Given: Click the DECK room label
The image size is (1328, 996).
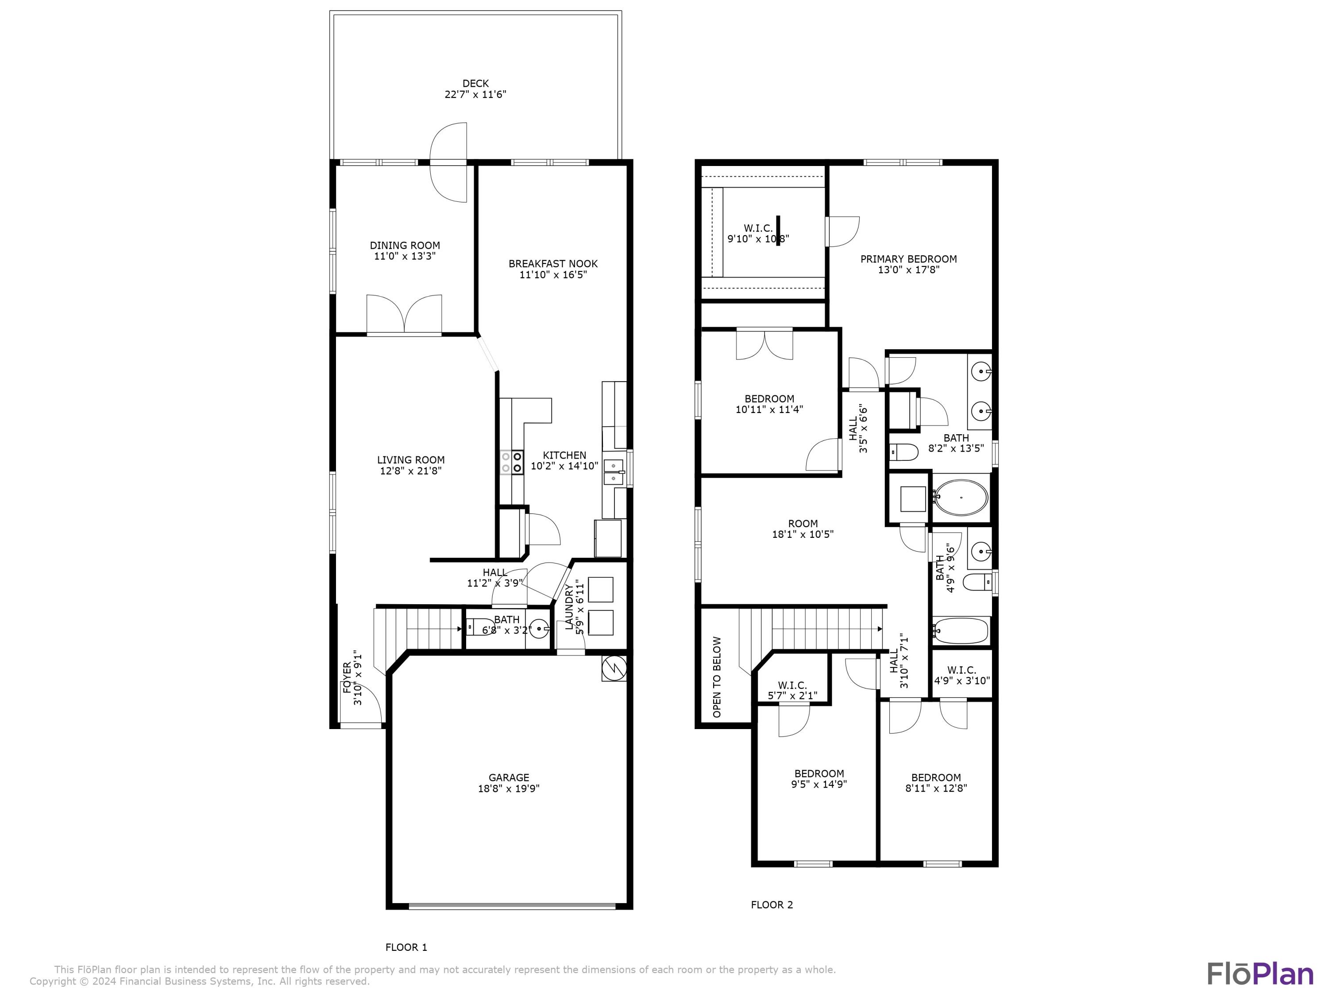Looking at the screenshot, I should (x=475, y=84).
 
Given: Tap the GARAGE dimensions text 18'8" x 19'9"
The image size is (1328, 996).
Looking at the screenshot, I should (x=509, y=788).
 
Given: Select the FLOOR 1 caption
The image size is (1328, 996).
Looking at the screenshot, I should (x=406, y=947).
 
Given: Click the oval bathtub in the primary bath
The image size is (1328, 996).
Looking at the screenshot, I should (x=961, y=498).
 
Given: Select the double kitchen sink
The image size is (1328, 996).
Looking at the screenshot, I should (x=614, y=471).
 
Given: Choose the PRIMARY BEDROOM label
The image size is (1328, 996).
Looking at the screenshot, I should (x=908, y=259).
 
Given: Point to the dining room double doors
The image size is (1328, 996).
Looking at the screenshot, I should (x=404, y=313).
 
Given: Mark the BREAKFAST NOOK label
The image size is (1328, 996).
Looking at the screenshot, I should (x=553, y=263).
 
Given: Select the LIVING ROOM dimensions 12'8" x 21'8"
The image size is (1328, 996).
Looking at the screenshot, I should (x=411, y=471).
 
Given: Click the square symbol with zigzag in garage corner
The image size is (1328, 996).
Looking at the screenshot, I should (x=614, y=668).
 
